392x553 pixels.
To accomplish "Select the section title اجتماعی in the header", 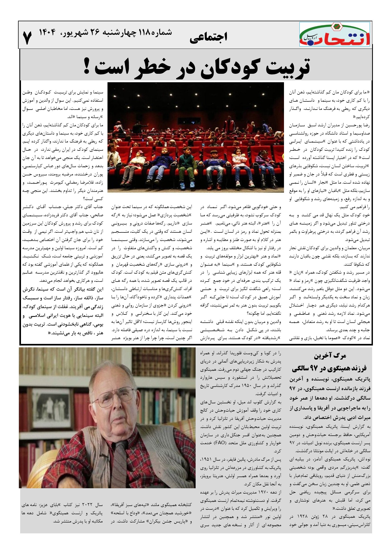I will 209,37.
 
